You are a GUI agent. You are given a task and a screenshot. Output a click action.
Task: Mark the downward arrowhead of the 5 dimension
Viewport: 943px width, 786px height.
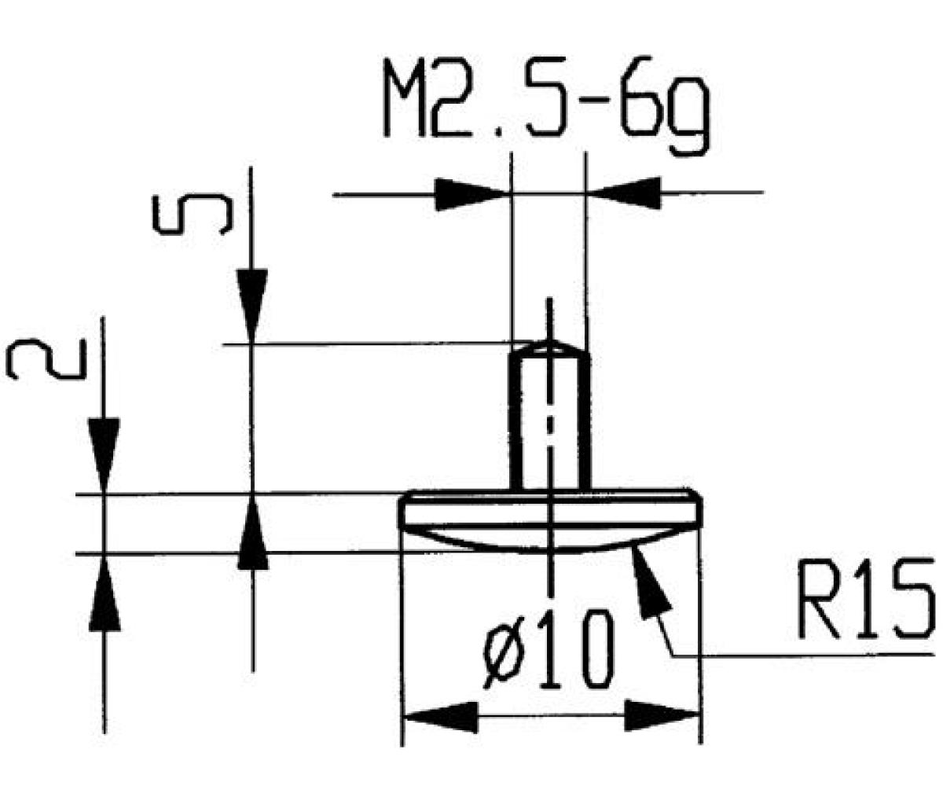251,303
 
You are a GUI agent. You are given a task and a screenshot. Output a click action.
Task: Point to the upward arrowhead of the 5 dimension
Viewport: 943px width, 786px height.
251,534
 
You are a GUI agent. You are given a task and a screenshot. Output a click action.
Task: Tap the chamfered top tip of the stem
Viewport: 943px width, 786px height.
549,347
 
